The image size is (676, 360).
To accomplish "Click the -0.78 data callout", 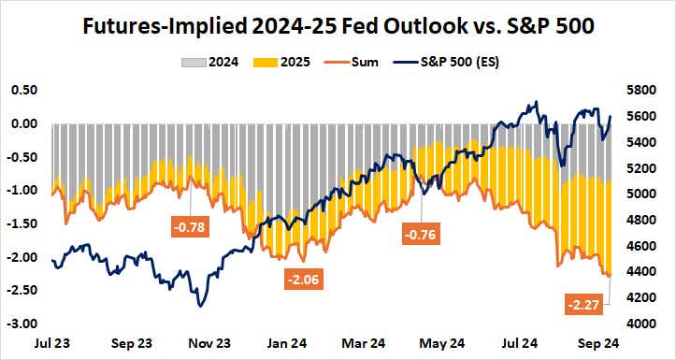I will [190, 226].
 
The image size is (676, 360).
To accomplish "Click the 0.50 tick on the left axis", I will [22, 90].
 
